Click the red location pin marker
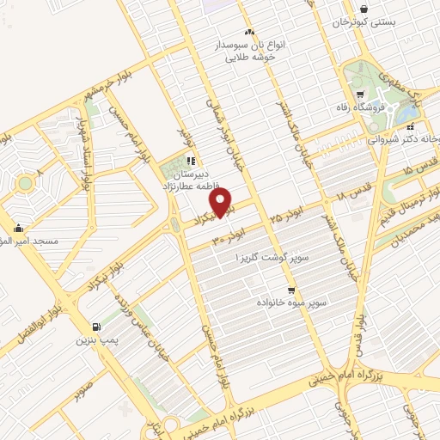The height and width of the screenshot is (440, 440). tap(223, 202)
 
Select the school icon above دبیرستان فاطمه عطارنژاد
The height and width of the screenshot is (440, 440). tap(192, 159)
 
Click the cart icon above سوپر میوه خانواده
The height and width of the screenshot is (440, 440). tap(291, 290)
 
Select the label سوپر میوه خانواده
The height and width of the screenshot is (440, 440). tap(290, 303)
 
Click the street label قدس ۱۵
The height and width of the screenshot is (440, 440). tap(418, 176)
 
